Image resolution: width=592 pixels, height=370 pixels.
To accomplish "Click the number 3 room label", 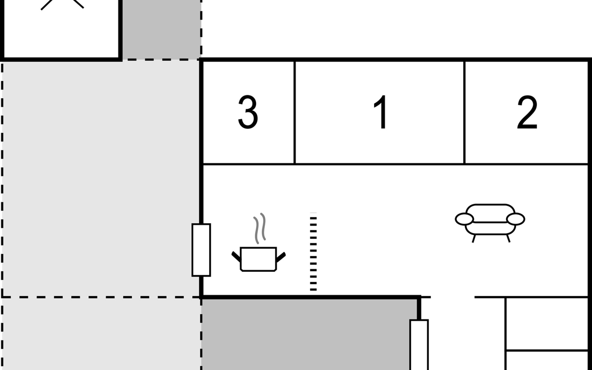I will (248, 112).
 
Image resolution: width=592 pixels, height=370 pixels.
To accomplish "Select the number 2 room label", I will (527, 112).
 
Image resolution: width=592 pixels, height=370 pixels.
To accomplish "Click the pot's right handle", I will (281, 257).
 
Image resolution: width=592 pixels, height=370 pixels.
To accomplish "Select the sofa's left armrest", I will (464, 219).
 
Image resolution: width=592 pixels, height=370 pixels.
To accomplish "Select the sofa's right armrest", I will (516, 219).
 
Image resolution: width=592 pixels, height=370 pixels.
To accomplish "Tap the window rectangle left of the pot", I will (201, 250).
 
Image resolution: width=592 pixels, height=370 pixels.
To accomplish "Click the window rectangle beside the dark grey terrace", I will (419, 344).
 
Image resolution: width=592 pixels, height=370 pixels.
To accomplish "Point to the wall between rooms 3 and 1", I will (295, 112).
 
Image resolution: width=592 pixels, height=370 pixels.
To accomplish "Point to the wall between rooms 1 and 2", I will (464, 112).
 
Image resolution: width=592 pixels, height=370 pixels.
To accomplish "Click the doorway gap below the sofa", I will (452, 297).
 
